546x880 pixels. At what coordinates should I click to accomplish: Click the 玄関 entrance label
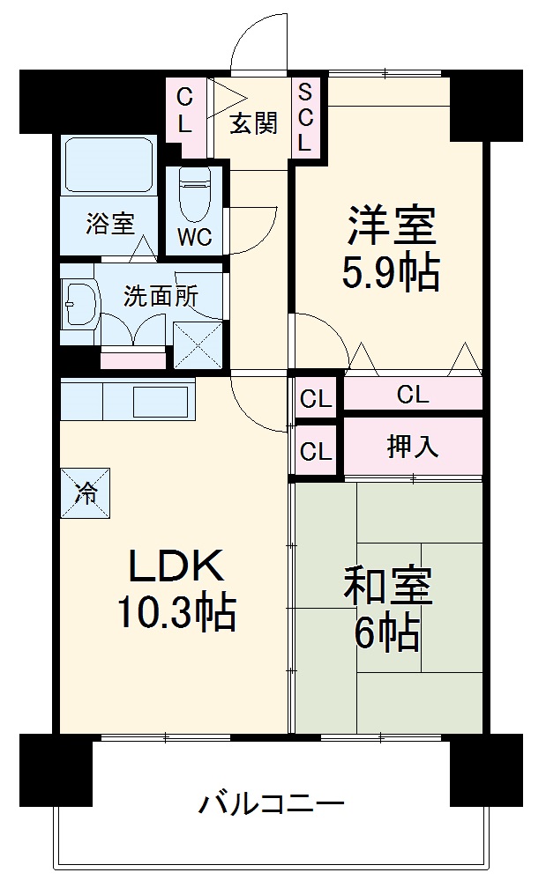point(254,123)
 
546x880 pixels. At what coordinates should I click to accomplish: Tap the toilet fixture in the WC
point(195,194)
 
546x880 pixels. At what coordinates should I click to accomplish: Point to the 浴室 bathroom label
point(110,224)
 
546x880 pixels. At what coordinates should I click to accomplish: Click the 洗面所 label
point(161,295)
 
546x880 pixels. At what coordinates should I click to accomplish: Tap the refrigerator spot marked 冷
point(86,492)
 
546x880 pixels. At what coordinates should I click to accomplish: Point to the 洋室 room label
point(391,226)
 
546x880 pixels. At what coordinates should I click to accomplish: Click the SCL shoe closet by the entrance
point(305,116)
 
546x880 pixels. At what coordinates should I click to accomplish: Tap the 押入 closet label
point(413,447)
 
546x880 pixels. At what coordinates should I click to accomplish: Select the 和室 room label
point(388,588)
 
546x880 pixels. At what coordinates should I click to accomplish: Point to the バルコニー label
point(270,804)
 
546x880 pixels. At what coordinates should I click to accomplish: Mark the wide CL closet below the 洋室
point(413,395)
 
